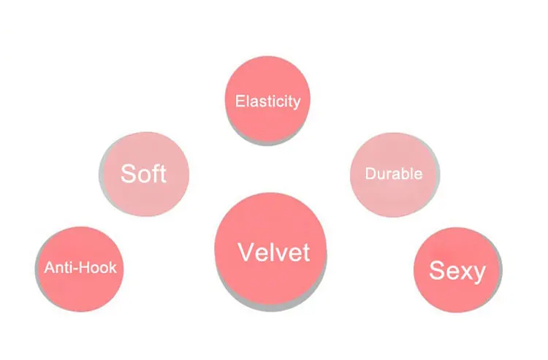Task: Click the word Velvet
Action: pyautogui.click(x=274, y=253)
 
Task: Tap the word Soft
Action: pyautogui.click(x=144, y=174)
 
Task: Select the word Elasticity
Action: pyautogui.click(x=267, y=101)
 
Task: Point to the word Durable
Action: pyautogui.click(x=394, y=174)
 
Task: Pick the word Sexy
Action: pyautogui.click(x=457, y=271)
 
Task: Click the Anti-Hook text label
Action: pyautogui.click(x=80, y=267)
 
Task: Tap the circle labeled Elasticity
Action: pyautogui.click(x=267, y=117)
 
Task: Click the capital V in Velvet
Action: pyautogui.click(x=246, y=253)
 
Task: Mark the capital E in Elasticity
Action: pyautogui.click(x=239, y=101)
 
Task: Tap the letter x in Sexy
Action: pyautogui.click(x=465, y=272)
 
